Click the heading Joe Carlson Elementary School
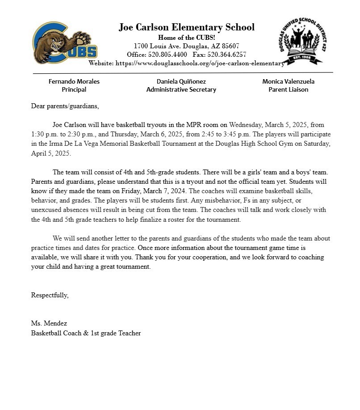click(x=186, y=27)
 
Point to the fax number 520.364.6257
click(x=226, y=55)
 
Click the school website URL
click(x=200, y=63)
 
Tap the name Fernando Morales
click(x=74, y=81)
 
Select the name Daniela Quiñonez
click(x=181, y=81)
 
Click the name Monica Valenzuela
click(x=288, y=81)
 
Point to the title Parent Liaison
click(x=288, y=89)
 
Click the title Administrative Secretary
click(x=181, y=89)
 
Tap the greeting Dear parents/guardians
click(x=65, y=106)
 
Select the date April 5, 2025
click(x=51, y=153)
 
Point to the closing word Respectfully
click(x=50, y=295)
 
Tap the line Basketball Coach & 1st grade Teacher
click(x=86, y=333)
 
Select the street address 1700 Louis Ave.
click(x=155, y=46)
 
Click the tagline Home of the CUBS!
click(x=186, y=38)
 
